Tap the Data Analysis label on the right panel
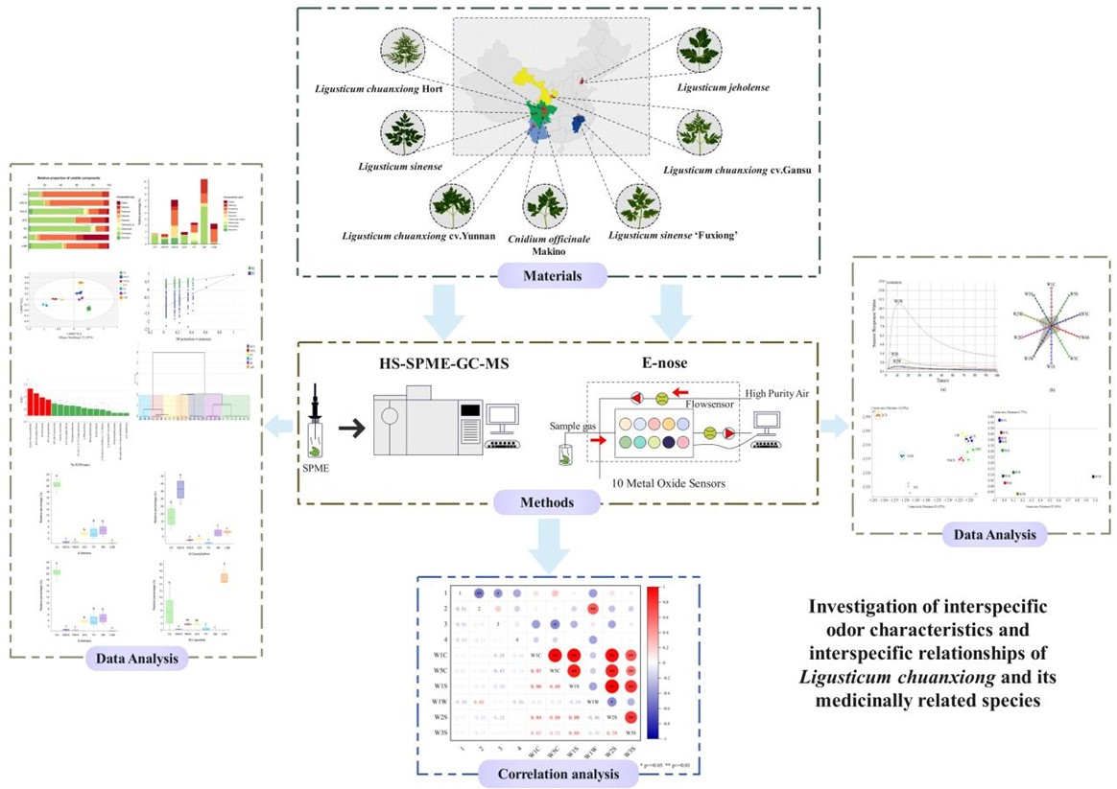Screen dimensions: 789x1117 click(x=986, y=536)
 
